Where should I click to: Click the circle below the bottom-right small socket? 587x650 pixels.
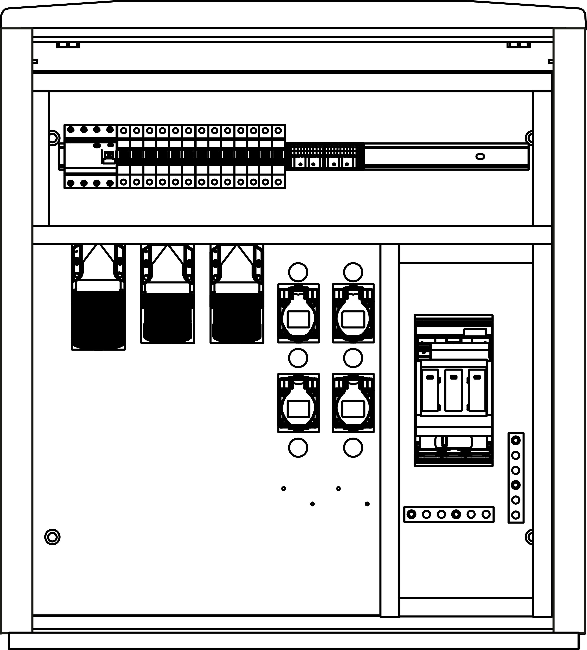click(x=353, y=448)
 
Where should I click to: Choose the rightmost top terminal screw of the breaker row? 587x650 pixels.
click(x=278, y=131)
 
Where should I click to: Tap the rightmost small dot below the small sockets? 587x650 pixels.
click(x=367, y=504)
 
